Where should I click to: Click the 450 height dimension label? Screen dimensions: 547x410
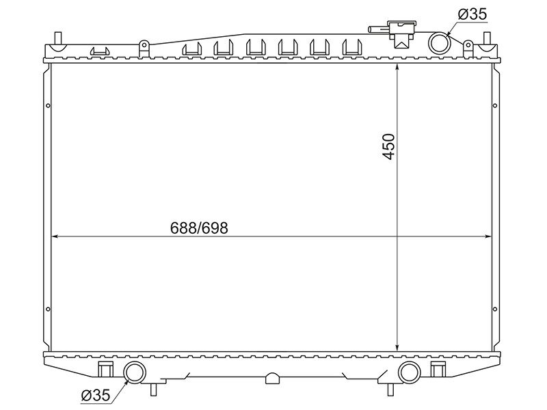pos(388,146)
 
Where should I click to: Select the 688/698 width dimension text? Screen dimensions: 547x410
pos(199,228)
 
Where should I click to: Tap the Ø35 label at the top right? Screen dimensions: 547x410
pos(472,14)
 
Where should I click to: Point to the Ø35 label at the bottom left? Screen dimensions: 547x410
pos(95,395)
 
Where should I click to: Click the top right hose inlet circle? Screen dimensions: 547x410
pos(439,42)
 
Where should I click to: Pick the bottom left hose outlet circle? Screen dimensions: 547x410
pos(135,372)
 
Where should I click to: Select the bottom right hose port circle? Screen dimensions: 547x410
pos(409,372)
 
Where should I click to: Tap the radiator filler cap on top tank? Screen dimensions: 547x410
pos(403,33)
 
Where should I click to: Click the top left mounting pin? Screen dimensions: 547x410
pos(58,38)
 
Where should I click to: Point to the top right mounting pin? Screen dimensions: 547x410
pos(487,38)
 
